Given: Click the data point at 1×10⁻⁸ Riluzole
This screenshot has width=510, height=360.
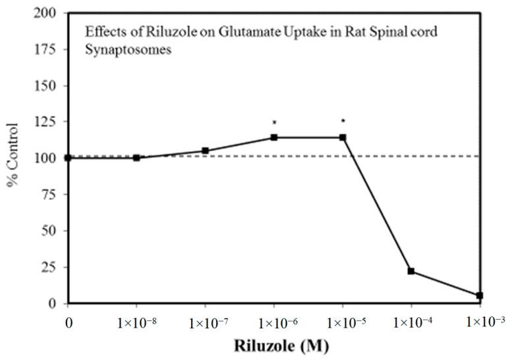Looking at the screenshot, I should click(x=136, y=158).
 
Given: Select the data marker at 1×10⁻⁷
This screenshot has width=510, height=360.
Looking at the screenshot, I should click(x=206, y=150).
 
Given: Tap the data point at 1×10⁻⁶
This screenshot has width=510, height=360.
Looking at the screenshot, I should click(x=274, y=137).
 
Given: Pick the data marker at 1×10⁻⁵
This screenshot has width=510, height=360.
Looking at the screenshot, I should click(x=343, y=137).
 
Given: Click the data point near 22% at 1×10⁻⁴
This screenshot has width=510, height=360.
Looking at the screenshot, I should click(x=411, y=271).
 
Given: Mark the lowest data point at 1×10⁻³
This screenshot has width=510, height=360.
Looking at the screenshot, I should click(x=480, y=295).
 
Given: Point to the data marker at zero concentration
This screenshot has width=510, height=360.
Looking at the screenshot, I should click(x=68, y=158).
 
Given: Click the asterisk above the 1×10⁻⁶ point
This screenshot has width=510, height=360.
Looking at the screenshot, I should click(x=274, y=123).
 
